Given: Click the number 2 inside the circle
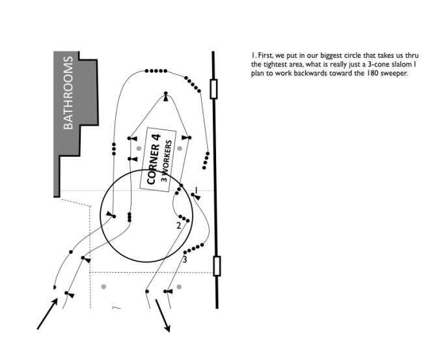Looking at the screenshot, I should pyautogui.click(x=178, y=226).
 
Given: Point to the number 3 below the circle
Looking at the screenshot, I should pyautogui.click(x=184, y=260).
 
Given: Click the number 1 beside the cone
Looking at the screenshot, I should pyautogui.click(x=195, y=189).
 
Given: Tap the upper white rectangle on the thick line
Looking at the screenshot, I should pyautogui.click(x=213, y=89).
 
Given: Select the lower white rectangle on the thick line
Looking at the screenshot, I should pyautogui.click(x=217, y=266).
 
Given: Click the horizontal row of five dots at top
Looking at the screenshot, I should pyautogui.click(x=156, y=70).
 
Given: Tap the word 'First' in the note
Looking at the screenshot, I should pyautogui.click(x=266, y=57).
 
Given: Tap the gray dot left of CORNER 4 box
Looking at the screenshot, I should pyautogui.click(x=139, y=148).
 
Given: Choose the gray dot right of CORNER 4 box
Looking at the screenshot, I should pyautogui.click(x=180, y=148).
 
